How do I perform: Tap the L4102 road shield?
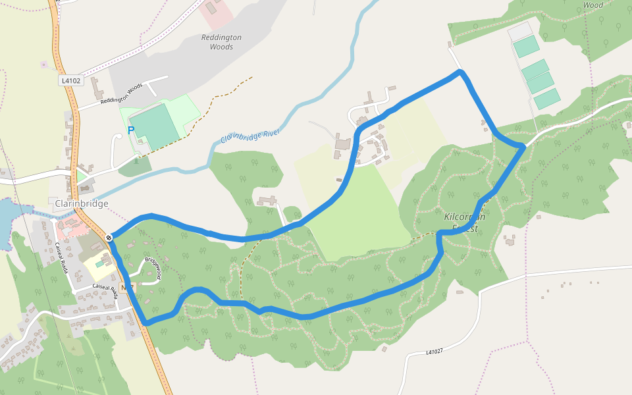point(70,81)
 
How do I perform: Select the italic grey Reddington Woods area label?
point(221,42)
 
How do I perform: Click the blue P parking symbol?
point(130,130)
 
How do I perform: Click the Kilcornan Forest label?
point(465,223)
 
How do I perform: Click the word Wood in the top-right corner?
point(592,5)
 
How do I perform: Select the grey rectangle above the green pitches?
point(519,31)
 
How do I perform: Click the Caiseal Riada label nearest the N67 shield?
point(105,288)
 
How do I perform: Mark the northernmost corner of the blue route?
point(460,71)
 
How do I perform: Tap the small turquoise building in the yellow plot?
point(99,264)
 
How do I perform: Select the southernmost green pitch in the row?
point(547,99)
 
